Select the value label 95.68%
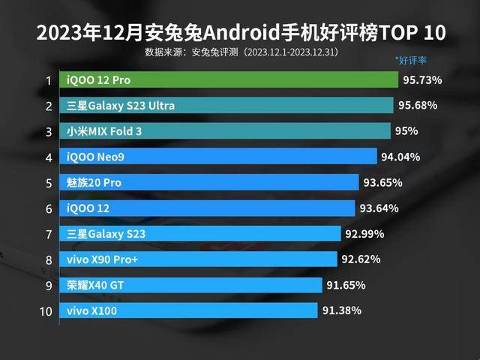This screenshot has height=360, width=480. tap(418, 105)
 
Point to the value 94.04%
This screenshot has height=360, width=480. tap(400, 157)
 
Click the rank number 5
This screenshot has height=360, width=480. tap(48, 182)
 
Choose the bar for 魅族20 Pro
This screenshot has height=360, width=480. tap(210, 182)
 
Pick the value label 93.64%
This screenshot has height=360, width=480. tap(379, 208)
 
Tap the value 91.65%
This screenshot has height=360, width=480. tap(346, 285)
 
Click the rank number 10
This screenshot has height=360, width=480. tap(46, 310)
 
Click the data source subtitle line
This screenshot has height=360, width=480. tap(241, 52)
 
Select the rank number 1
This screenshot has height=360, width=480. tap(48, 80)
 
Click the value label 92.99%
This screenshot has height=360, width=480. tap(364, 233)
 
